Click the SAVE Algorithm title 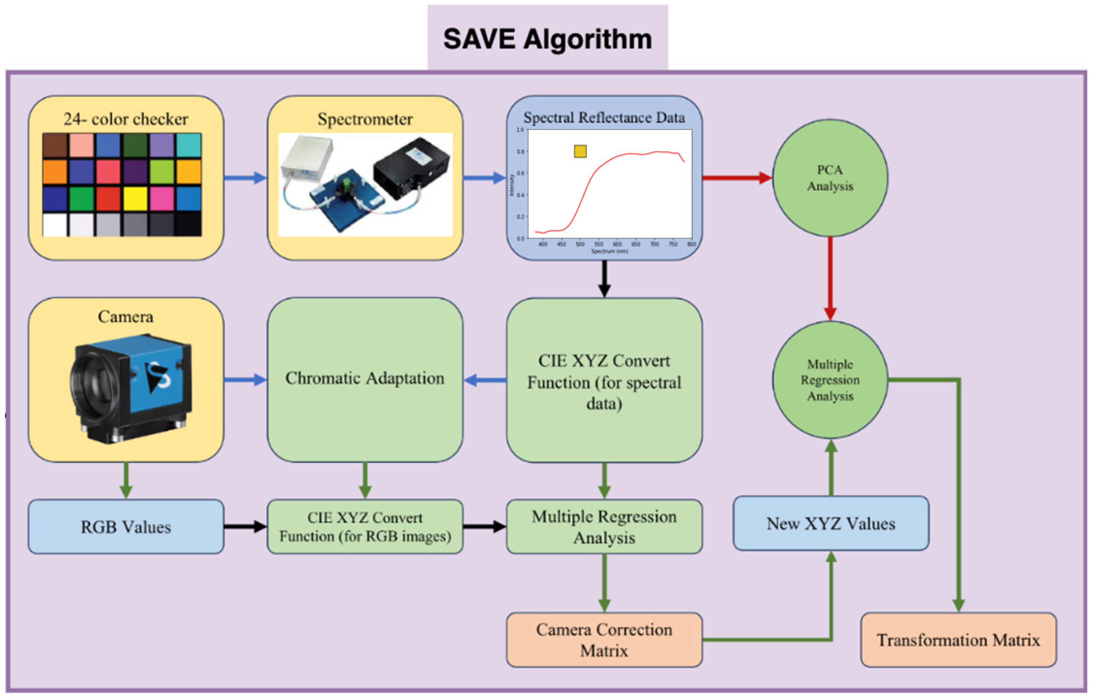547,39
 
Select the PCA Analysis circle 830,178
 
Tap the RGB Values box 126,527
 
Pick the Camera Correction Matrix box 604,640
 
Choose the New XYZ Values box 831,523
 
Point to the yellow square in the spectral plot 580,151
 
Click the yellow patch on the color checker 135,199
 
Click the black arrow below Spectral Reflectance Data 604,279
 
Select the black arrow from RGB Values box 245,527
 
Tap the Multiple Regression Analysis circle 830,380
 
